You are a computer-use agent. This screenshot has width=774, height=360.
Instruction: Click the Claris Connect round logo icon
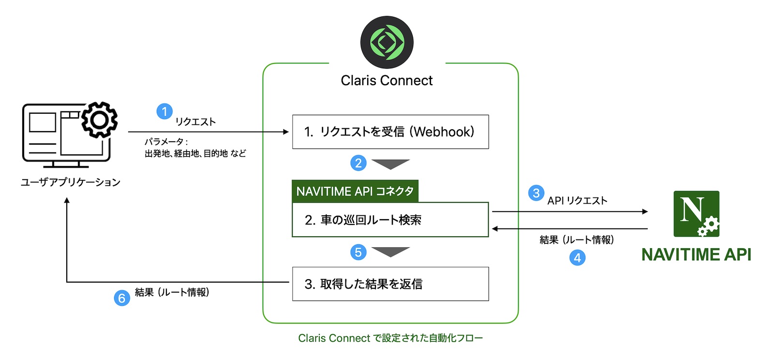coord(387,42)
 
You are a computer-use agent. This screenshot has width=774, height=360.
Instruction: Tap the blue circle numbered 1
coord(164,112)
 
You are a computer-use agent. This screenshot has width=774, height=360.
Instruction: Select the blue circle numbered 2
coord(358,163)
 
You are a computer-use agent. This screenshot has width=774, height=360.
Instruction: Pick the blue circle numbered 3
coord(536,193)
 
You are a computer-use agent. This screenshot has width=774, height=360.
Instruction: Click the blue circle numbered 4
coord(577,257)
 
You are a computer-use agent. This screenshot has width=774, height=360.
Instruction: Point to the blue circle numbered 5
coord(358,252)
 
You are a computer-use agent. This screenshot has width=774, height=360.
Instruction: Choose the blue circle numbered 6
coord(122,298)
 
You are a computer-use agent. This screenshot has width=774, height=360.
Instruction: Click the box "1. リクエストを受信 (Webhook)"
coord(390,132)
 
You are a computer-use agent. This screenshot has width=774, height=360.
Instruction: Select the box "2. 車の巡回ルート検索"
coord(390,220)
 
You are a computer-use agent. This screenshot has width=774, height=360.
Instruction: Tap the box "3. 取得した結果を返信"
coord(390,284)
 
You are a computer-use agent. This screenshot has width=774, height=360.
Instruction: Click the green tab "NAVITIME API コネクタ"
coord(355,191)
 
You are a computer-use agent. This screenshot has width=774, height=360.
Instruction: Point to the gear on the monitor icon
coord(99,120)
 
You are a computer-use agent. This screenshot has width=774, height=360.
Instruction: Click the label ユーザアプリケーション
coord(71,182)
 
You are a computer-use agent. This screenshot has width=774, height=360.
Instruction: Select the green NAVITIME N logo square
coord(696,213)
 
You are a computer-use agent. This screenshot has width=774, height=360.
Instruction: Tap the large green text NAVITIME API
coord(696,255)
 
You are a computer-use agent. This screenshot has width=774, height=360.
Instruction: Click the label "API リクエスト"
coord(577,200)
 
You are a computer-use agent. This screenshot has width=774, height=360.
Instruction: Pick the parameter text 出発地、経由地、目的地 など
coord(195,153)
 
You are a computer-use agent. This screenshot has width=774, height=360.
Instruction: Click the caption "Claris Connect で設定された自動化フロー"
coord(390,338)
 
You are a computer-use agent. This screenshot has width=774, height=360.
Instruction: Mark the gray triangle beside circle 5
coord(391,251)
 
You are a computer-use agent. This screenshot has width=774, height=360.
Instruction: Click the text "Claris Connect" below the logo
coord(387,81)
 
